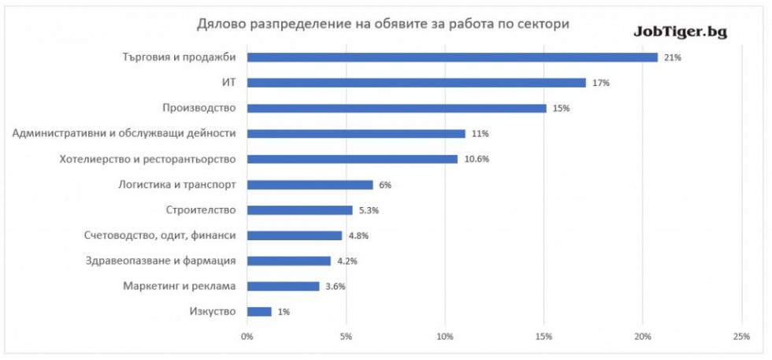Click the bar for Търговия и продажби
pos(452,57)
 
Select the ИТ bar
pos(417,83)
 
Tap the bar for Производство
pos(397,108)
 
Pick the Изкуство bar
pos(259,311)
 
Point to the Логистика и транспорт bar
pos(310,184)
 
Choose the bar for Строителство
pos(299,210)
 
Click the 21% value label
pos(672,58)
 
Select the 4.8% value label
pos(358,236)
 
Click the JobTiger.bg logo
pos(680,32)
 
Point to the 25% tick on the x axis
pos(740,337)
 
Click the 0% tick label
pos(247,337)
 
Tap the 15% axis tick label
pos(544,337)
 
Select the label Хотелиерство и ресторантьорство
pos(148,159)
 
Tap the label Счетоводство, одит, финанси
pos(160,236)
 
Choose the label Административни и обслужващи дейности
pos(124,133)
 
